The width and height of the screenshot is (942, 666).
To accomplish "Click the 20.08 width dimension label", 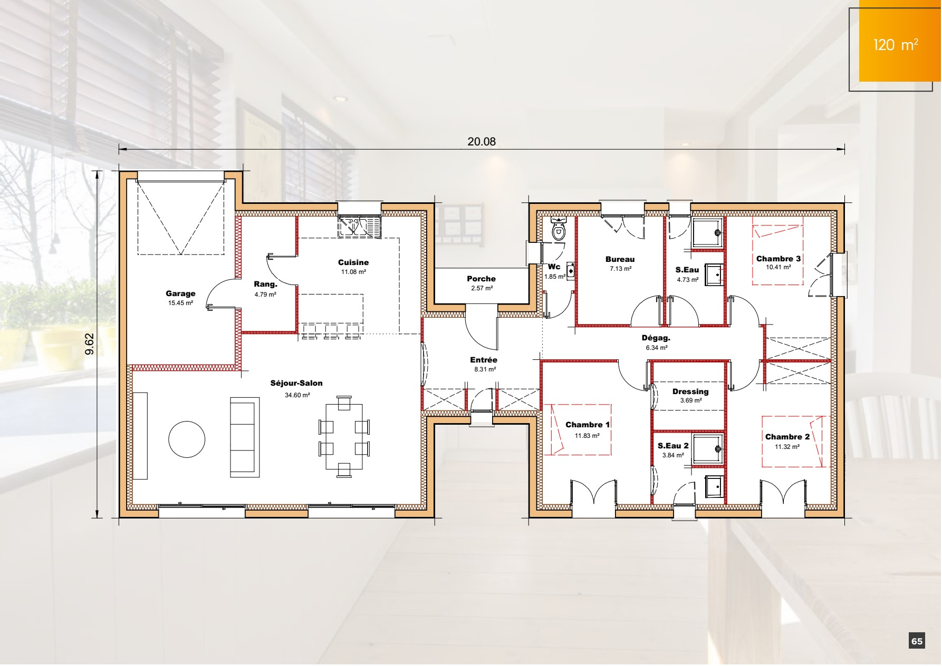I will (481, 142).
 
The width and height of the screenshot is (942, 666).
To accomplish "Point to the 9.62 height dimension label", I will (90, 344).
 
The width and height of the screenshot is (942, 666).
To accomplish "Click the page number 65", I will (917, 641).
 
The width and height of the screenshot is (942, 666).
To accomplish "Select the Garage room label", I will (180, 294).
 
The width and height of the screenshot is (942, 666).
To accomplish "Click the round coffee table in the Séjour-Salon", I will (187, 439).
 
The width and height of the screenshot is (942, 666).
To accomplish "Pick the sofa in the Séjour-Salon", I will (245, 437).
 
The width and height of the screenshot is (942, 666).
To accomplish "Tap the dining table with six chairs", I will (344, 437).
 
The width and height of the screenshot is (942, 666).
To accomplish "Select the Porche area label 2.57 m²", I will (482, 289).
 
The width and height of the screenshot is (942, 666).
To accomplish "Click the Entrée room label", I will (484, 360).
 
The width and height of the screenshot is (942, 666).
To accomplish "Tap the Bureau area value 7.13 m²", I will (620, 269).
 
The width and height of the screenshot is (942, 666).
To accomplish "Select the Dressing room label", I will (690, 391).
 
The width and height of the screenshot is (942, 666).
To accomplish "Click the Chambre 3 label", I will (778, 259).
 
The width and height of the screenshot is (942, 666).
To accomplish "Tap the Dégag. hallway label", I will (656, 338).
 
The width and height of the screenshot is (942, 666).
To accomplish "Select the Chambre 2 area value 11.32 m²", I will (787, 447).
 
